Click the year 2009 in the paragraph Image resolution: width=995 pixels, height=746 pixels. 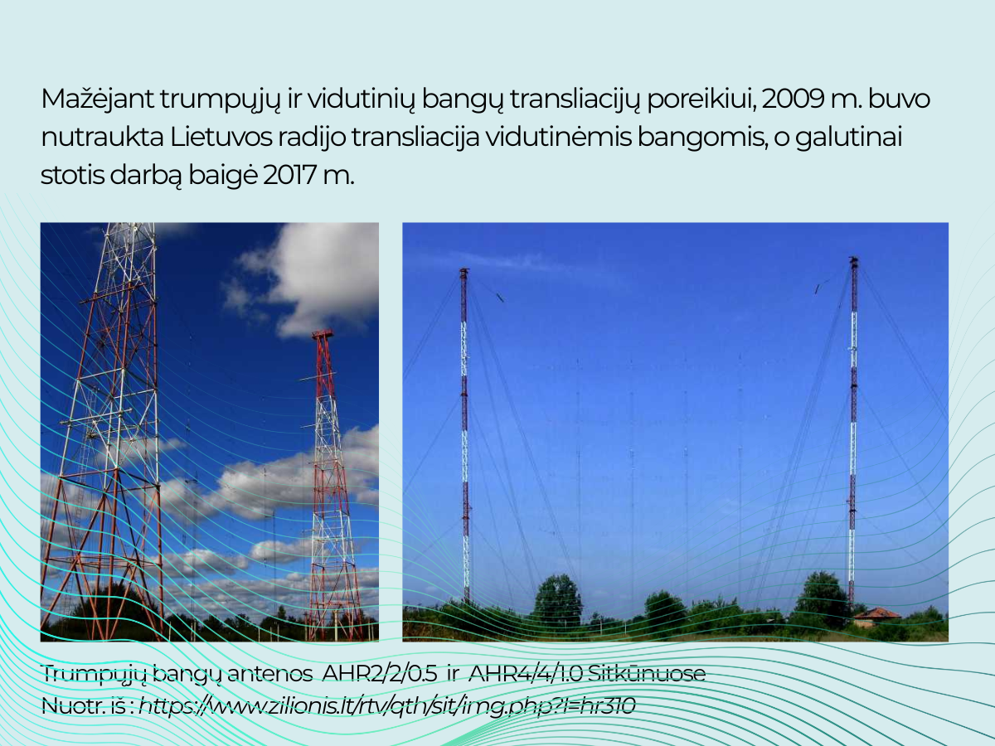[x=793, y=99]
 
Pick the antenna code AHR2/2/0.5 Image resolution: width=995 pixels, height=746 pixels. [x=380, y=674]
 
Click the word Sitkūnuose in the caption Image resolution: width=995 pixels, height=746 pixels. [x=647, y=674]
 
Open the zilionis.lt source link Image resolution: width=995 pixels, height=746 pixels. [x=386, y=706]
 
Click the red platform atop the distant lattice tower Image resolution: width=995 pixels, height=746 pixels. [x=323, y=334]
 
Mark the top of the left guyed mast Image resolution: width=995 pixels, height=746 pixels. [x=464, y=271]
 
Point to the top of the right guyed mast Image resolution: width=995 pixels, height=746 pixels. [x=854, y=260]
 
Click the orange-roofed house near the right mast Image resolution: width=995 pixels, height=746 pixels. [x=876, y=617]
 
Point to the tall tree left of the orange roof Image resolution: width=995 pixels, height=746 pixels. [x=821, y=598]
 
